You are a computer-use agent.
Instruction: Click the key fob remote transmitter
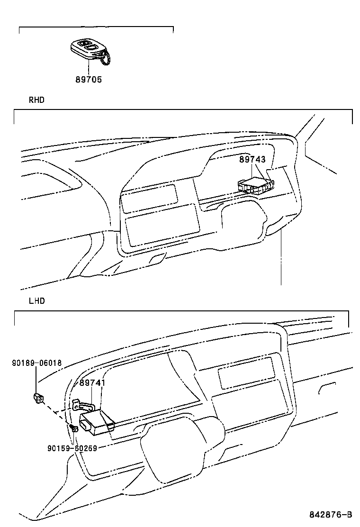coord(88,50)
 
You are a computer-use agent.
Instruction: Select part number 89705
coord(89,80)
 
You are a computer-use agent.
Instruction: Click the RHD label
coord(36,100)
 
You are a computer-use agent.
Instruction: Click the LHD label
coord(36,301)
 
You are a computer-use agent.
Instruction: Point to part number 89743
coord(252,160)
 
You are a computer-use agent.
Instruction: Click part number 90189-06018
coord(36,363)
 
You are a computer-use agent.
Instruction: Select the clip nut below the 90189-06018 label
coord(38,398)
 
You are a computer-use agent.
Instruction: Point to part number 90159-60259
coord(72,448)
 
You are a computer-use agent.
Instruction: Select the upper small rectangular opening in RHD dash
coord(149,198)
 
